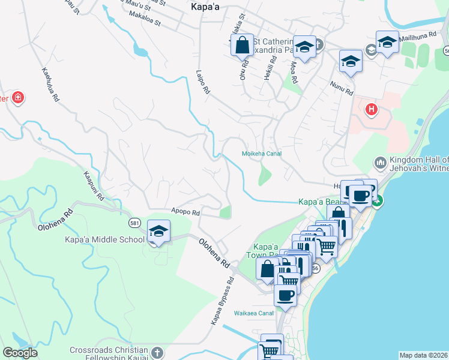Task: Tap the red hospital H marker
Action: click(372, 110)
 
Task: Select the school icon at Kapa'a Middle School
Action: click(158, 231)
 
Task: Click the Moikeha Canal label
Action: click(261, 154)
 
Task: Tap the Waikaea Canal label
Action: click(254, 313)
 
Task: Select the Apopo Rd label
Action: click(185, 212)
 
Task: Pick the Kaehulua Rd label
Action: click(50, 84)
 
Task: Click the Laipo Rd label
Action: click(202, 82)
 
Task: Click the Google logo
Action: click(19, 353)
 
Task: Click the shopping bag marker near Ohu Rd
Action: click(241, 44)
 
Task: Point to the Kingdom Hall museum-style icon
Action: click(380, 163)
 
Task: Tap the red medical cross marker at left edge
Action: click(18, 97)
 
